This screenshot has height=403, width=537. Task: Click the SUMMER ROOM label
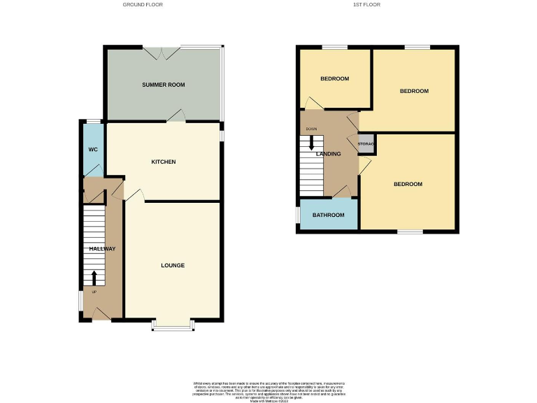point(164,85)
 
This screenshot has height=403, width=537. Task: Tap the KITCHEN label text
point(164,162)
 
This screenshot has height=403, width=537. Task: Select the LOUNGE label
point(173,265)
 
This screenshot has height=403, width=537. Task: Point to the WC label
point(92,150)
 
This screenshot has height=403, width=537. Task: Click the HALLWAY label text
point(102,249)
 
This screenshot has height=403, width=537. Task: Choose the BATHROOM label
point(329,215)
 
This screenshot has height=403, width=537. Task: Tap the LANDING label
point(329,154)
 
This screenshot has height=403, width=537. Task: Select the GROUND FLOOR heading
point(144,5)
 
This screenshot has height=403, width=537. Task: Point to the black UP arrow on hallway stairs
point(94,278)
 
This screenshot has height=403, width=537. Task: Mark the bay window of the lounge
point(173,325)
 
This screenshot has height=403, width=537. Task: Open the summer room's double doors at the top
point(162,51)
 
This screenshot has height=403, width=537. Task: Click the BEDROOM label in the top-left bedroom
point(334,78)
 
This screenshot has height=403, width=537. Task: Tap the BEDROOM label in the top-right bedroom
point(414,91)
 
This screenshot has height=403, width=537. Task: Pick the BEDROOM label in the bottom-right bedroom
point(408,184)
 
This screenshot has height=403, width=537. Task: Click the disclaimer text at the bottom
point(268,390)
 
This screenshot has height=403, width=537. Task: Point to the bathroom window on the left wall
point(298,215)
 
